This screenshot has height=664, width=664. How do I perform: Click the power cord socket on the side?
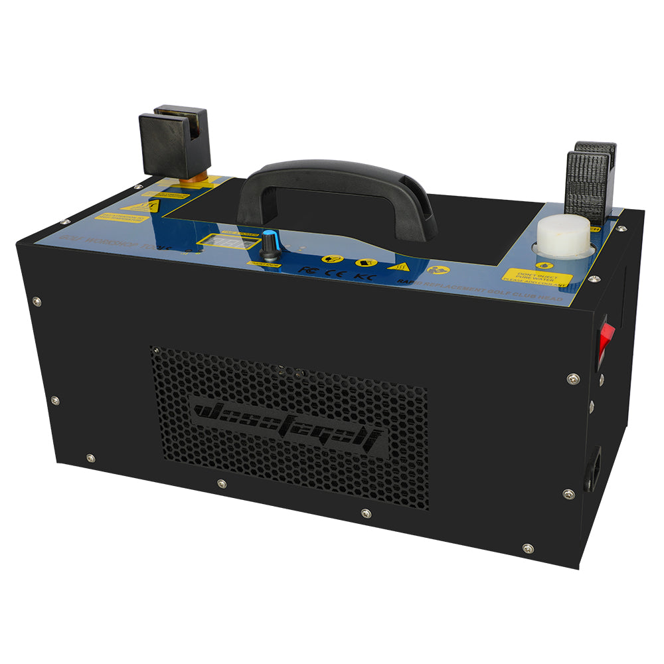click(x=594, y=468)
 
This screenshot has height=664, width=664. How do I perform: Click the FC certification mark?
click(x=307, y=270)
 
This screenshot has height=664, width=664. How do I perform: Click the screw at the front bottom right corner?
click(x=527, y=548)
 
